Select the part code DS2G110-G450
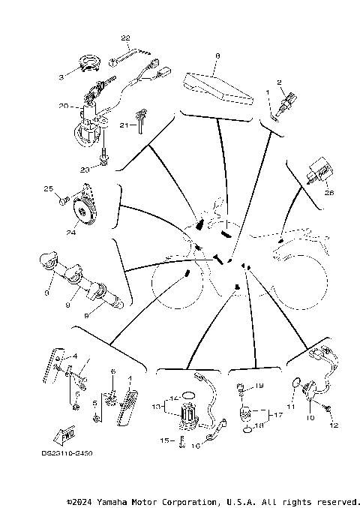click(x=68, y=453)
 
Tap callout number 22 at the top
click(x=125, y=37)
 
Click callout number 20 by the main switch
click(x=64, y=107)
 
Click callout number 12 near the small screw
click(x=334, y=425)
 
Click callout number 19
click(x=258, y=386)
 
